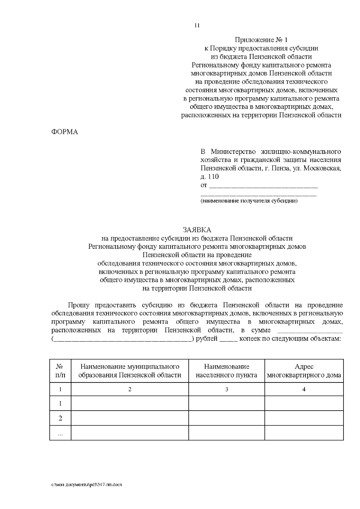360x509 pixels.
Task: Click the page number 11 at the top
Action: click(x=197, y=25)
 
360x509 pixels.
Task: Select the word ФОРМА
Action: click(x=65, y=132)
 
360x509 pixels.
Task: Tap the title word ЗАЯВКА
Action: click(x=197, y=230)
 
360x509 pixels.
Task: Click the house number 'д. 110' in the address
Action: click(x=210, y=177)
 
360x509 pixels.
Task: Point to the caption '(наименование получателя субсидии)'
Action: click(x=249, y=201)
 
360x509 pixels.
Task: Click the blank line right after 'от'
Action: click(x=263, y=186)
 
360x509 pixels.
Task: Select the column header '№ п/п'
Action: click(x=60, y=371)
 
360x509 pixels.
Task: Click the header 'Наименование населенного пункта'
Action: click(x=226, y=371)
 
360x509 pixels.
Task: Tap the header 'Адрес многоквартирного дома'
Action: click(x=304, y=371)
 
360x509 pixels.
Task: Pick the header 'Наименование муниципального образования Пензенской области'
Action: click(x=130, y=371)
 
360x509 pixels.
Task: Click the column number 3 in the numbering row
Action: click(x=226, y=389)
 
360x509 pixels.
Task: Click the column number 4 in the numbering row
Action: click(x=304, y=389)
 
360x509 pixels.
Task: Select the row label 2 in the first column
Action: click(x=60, y=418)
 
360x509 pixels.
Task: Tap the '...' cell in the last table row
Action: click(x=60, y=433)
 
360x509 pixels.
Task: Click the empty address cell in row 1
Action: click(x=304, y=403)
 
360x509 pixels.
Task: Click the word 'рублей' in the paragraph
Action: click(x=207, y=339)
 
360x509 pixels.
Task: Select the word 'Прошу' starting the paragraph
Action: click(x=79, y=305)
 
